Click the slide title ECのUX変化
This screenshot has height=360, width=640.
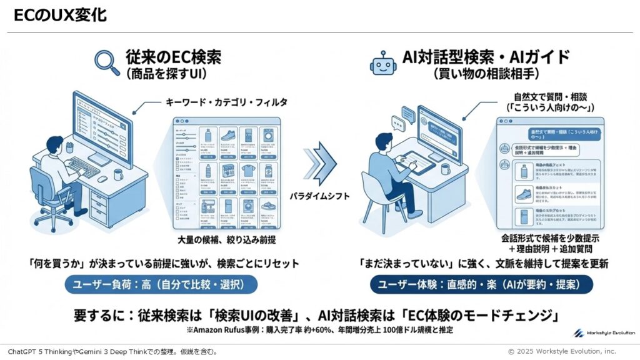[x=60, y=15]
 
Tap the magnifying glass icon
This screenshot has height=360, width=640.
[x=106, y=62]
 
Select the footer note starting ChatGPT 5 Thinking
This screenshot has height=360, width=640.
[x=112, y=352]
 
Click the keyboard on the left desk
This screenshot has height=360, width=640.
[x=83, y=166]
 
